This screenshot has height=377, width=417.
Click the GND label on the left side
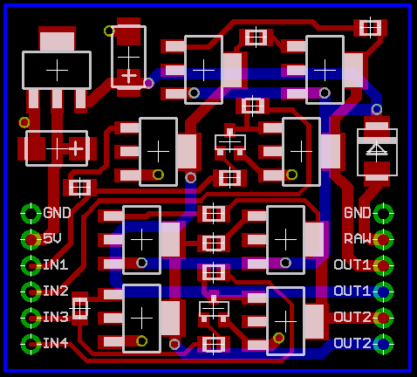pyautogui.click(x=57, y=213)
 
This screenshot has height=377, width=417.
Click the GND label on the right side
pyautogui.click(x=358, y=213)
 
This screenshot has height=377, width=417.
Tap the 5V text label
pyautogui.click(x=52, y=238)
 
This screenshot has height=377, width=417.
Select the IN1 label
pyautogui.click(x=56, y=265)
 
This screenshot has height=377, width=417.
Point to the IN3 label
pyautogui.click(x=56, y=317)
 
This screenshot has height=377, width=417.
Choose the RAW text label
pyautogui.click(x=358, y=239)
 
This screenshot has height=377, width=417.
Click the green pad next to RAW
pyautogui.click(x=383, y=239)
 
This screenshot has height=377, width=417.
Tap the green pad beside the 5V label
pyautogui.click(x=31, y=239)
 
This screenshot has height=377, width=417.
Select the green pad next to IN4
pyautogui.click(x=31, y=344)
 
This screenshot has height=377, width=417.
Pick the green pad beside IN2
pyautogui.click(x=31, y=291)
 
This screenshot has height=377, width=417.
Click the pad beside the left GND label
pyautogui.click(x=31, y=213)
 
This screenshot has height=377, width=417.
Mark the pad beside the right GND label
pyautogui.click(x=383, y=213)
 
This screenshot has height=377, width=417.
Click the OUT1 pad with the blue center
pyautogui.click(x=383, y=291)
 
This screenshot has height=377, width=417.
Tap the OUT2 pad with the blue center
pyautogui.click(x=383, y=344)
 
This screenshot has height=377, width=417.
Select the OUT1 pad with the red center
pyautogui.click(x=383, y=265)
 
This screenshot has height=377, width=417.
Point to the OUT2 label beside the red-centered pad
pyautogui.click(x=352, y=317)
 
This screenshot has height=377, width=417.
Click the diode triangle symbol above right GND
pyautogui.click(x=377, y=149)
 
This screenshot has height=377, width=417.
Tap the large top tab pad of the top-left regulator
pyautogui.click(x=57, y=42)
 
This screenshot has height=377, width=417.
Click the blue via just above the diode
pyautogui.click(x=377, y=109)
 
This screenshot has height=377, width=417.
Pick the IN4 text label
pyautogui.click(x=56, y=343)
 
